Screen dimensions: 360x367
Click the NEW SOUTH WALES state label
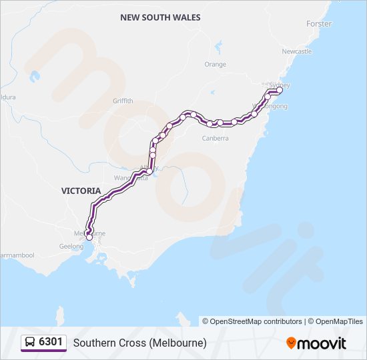click(x=160, y=17)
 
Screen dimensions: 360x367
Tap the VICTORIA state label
click(x=81, y=191)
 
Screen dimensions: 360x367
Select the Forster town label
click(x=318, y=24)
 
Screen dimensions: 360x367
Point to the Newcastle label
click(x=296, y=51)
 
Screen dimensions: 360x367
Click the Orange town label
click(x=215, y=65)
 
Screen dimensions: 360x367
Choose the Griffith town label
click(x=123, y=101)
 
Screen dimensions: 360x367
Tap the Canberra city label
click(x=215, y=138)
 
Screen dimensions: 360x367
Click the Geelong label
click(x=71, y=245)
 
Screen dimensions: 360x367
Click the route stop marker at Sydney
click(x=280, y=90)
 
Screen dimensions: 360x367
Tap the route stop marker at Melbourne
click(x=89, y=237)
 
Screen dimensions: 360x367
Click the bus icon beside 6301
click(x=30, y=343)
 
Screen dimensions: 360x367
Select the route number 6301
click(x=51, y=343)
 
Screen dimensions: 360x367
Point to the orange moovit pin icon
click(x=291, y=343)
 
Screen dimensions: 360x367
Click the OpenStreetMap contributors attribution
click(x=256, y=321)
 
